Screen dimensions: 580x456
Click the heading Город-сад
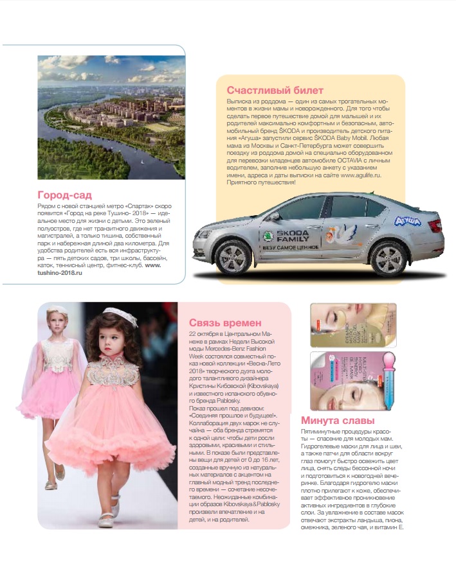(x=64, y=195)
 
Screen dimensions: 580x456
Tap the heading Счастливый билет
(x=275, y=90)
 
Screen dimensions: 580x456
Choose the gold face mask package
(x=353, y=325)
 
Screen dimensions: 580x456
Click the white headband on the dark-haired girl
(x=120, y=315)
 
